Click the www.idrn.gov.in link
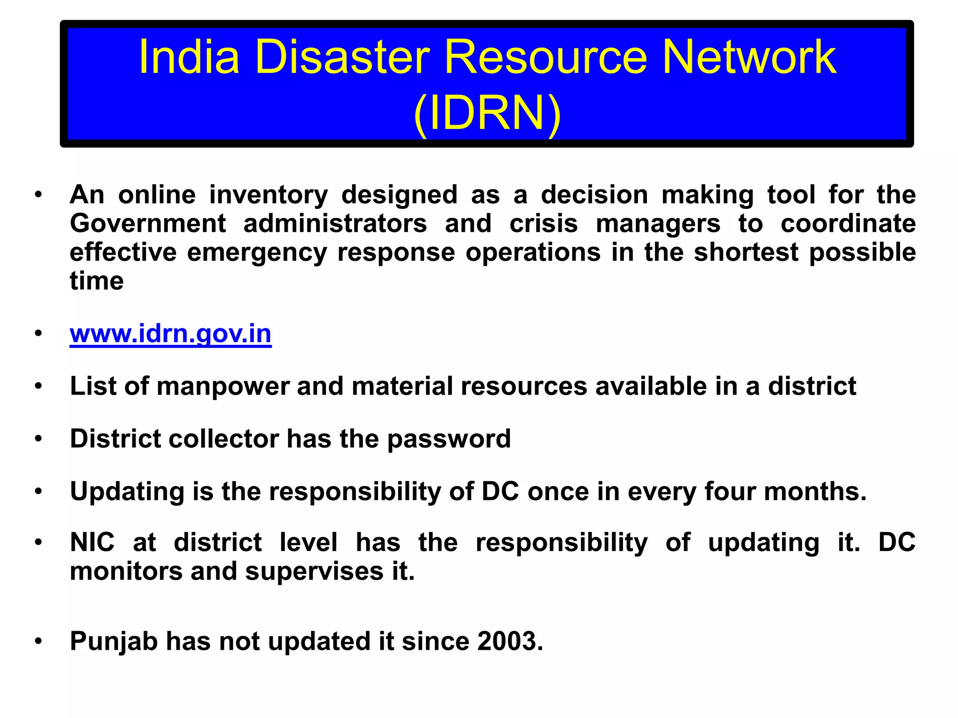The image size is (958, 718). tap(170, 334)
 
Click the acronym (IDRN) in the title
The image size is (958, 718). tap(487, 113)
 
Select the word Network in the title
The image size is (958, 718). tap(749, 57)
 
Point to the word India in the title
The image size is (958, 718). tap(189, 57)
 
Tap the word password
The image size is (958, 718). tap(449, 439)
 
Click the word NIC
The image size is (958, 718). tap(92, 543)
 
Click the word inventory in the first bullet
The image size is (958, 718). tap(269, 194)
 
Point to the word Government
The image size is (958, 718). tap(148, 223)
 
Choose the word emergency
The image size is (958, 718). tap(257, 252)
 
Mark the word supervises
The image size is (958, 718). tap(314, 572)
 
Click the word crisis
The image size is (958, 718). tap(544, 223)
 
